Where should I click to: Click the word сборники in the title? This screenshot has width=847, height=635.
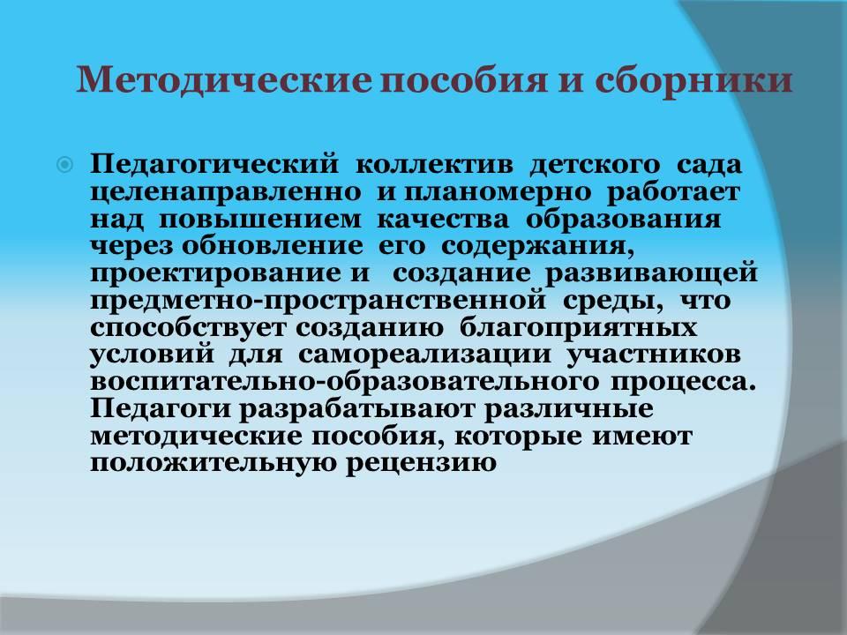click(693, 80)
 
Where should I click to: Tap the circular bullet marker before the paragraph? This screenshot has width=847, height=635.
click(64, 165)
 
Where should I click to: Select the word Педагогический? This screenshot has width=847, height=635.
click(214, 164)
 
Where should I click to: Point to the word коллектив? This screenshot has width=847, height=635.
click(434, 165)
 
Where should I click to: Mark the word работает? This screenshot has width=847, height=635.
click(673, 192)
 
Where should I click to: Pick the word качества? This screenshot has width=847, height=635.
click(442, 220)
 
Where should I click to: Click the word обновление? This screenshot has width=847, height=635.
click(273, 246)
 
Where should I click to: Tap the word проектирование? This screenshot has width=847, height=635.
click(214, 273)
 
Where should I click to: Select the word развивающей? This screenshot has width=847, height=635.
click(651, 273)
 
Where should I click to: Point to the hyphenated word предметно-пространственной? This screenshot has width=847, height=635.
click(319, 301)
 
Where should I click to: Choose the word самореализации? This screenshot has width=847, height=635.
click(424, 355)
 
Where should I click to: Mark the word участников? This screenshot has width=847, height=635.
click(654, 355)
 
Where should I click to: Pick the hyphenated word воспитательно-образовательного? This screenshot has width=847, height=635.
click(345, 382)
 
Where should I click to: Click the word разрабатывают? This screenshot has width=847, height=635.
click(356, 408)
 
